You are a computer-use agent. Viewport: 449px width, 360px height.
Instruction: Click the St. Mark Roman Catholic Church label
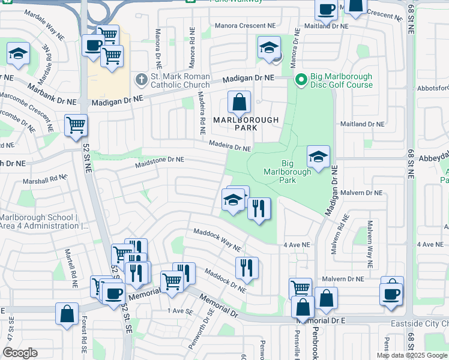point(180,80)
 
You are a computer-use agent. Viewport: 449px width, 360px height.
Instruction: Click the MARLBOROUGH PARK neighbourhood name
point(246,124)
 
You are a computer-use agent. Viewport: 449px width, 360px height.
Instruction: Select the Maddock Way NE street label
point(217,240)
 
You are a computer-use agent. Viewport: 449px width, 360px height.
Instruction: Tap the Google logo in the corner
point(20,353)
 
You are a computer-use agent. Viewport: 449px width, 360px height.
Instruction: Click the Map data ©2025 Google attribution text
point(412,355)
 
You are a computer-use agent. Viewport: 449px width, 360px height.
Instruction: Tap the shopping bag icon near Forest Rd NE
point(67,313)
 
